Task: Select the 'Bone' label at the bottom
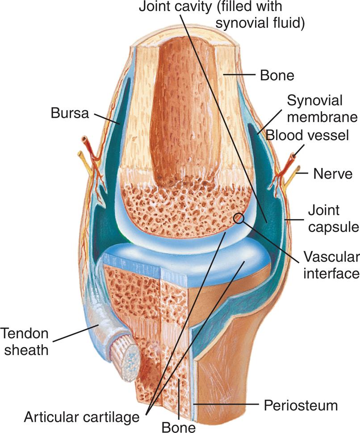coord(179,426)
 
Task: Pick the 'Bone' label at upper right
coord(277,75)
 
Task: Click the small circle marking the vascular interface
coord(239,218)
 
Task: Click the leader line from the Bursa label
coord(106,119)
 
